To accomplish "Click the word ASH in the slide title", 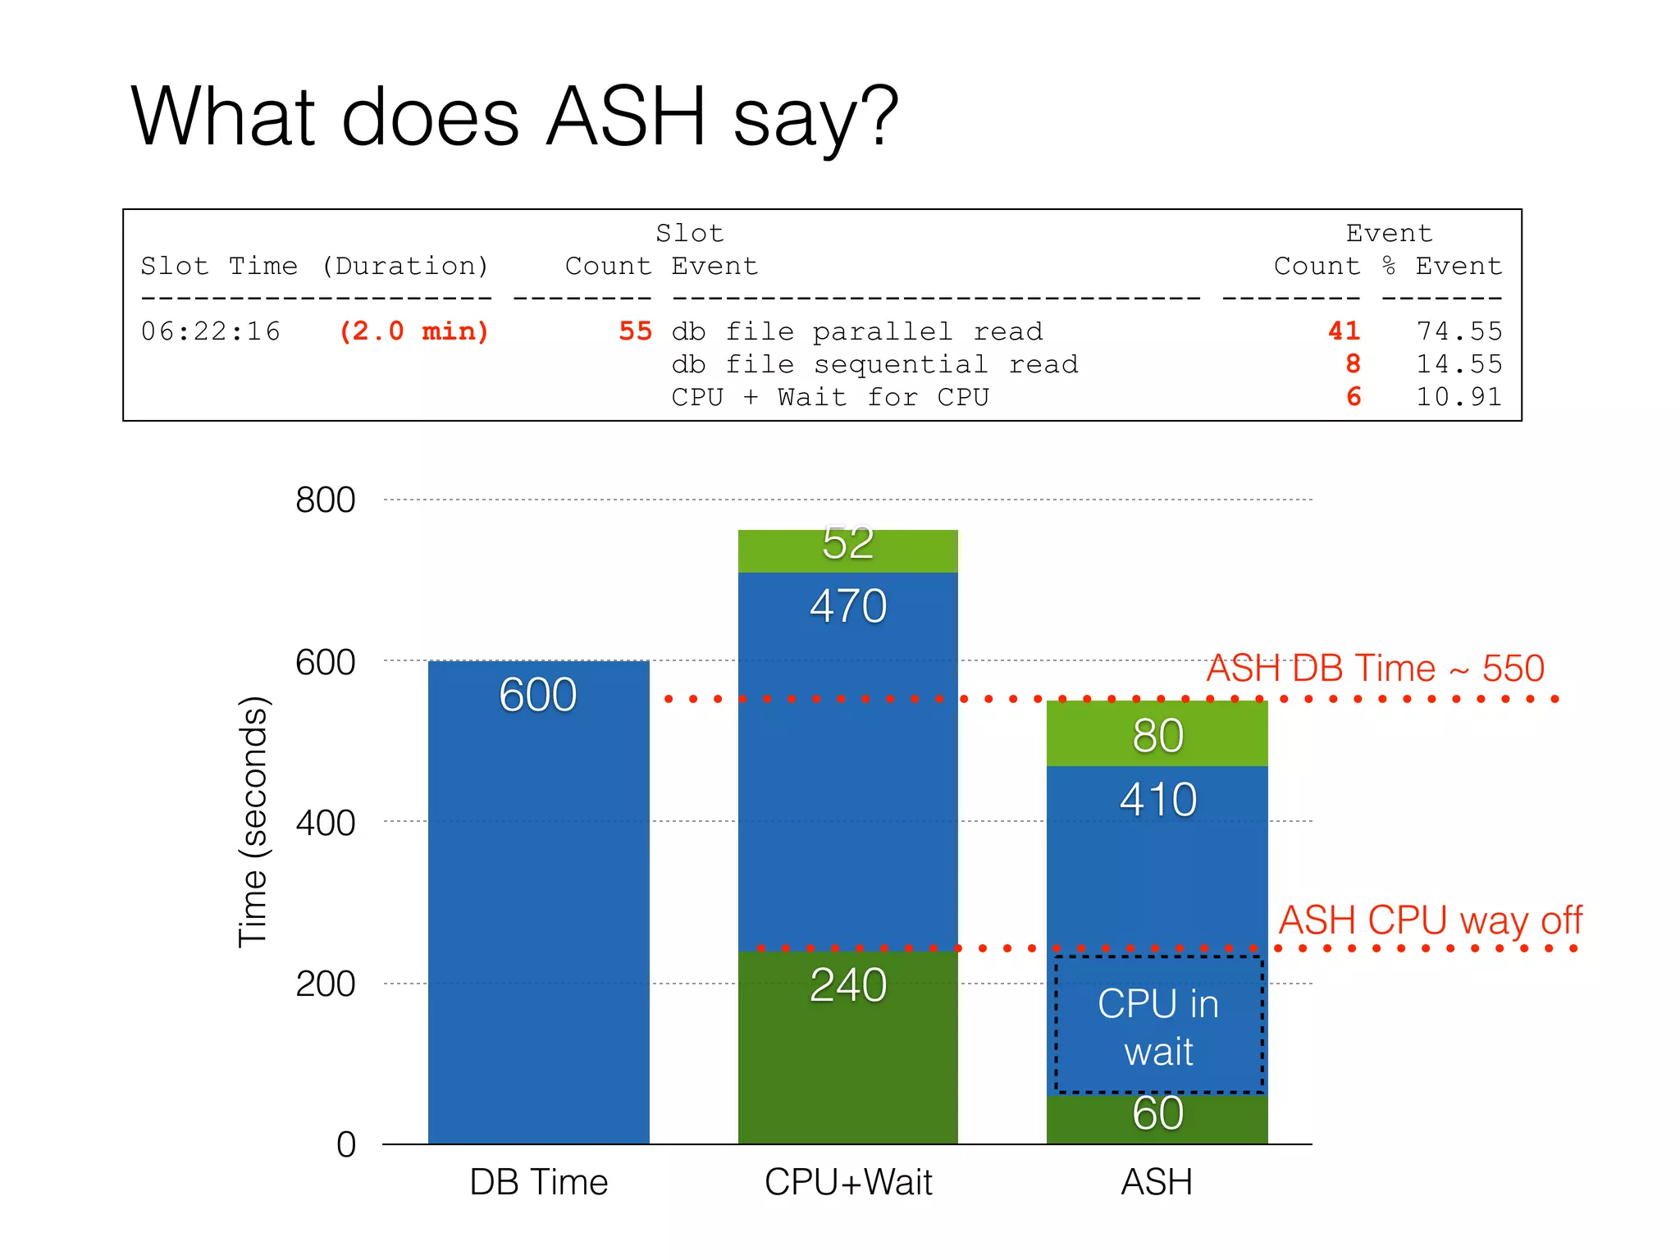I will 625,116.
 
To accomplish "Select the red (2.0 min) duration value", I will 413,331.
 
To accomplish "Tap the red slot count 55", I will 635,331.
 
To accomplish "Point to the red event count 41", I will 1344,331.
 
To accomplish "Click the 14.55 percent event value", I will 1459,364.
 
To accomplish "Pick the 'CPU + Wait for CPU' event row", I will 830,397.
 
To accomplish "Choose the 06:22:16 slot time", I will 211,331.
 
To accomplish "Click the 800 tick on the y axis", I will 325,500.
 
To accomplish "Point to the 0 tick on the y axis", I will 346,1144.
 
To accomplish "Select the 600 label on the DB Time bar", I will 538,695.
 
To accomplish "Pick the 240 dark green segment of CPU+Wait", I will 848,984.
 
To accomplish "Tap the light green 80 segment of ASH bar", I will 1157,735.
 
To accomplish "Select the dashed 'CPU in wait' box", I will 1158,1025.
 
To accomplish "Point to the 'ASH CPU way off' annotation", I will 1430,920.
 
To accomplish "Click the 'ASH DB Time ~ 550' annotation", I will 1376,669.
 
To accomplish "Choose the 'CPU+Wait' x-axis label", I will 848,1183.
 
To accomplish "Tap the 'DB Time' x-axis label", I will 539,1183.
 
